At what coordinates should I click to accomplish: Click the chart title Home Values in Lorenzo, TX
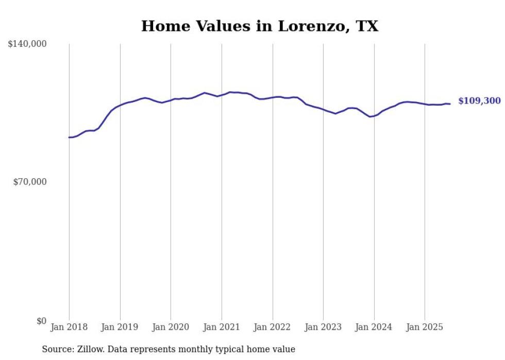260,26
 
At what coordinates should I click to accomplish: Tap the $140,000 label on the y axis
27,44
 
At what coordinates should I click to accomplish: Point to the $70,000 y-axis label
29,182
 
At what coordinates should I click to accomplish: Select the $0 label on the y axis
41,321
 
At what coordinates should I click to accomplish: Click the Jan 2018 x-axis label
69,327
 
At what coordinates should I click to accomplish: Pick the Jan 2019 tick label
120,327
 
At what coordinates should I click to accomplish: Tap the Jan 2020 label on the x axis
171,327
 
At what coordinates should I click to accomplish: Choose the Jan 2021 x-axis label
222,327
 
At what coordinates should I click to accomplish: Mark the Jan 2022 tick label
273,327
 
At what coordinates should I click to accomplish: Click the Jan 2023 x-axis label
323,327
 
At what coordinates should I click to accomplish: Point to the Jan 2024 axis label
374,327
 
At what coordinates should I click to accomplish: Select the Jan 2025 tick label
425,327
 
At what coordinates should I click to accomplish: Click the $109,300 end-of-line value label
479,101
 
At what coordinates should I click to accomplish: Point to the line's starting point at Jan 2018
69,138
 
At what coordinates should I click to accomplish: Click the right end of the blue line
450,104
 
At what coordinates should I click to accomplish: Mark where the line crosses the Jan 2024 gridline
374,116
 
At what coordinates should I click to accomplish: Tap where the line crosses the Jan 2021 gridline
222,95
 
